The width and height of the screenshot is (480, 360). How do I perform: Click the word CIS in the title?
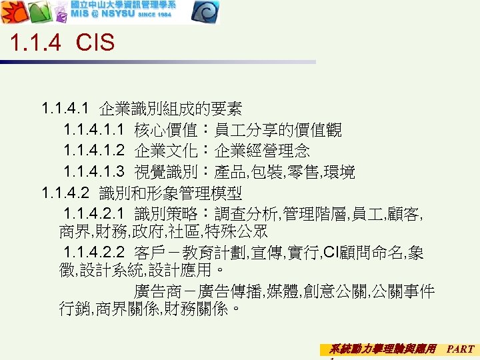(95, 43)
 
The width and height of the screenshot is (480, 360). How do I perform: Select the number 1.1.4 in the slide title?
(36, 43)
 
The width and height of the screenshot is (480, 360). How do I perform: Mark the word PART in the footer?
(461, 349)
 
